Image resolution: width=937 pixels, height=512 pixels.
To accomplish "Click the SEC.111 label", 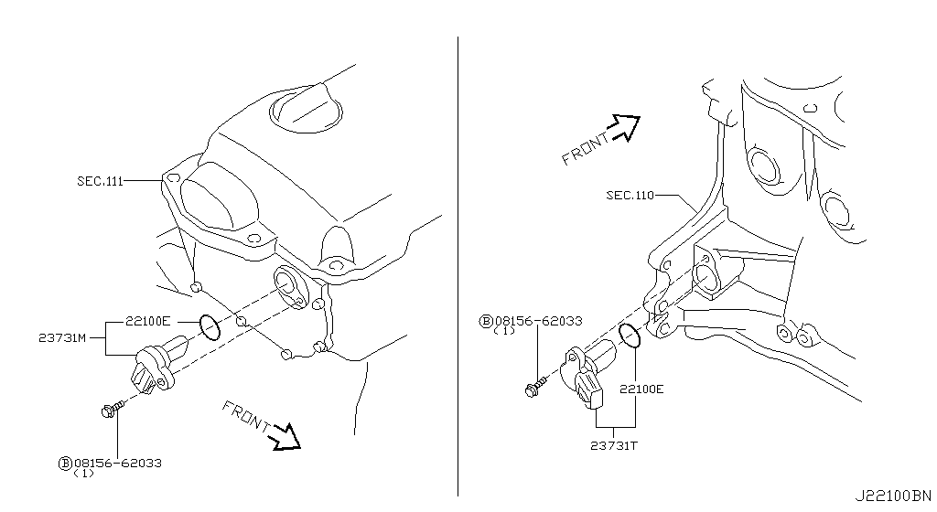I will pos(100,181).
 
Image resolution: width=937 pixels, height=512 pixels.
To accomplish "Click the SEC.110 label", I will pos(630,195).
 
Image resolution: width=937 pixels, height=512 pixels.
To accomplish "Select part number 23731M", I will pos(63,337).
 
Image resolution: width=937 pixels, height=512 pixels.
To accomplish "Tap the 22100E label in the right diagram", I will pos(641,389).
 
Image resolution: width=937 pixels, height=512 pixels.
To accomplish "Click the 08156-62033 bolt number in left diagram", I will pos(117,464).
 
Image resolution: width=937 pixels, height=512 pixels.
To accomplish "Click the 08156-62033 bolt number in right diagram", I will pos(537,321).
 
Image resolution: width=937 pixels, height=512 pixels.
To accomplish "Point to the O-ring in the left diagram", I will pos(210,326).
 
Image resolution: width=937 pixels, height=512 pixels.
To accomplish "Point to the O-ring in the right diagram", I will pos(629,335).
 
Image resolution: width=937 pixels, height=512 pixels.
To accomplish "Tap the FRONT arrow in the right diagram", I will pos(624,128).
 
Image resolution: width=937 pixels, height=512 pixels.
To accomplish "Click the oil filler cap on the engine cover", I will pos(306,108).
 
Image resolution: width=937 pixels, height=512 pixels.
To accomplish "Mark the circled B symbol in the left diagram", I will pos(65,464).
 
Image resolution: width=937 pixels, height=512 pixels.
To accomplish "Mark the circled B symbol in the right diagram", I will pos(485,321).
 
